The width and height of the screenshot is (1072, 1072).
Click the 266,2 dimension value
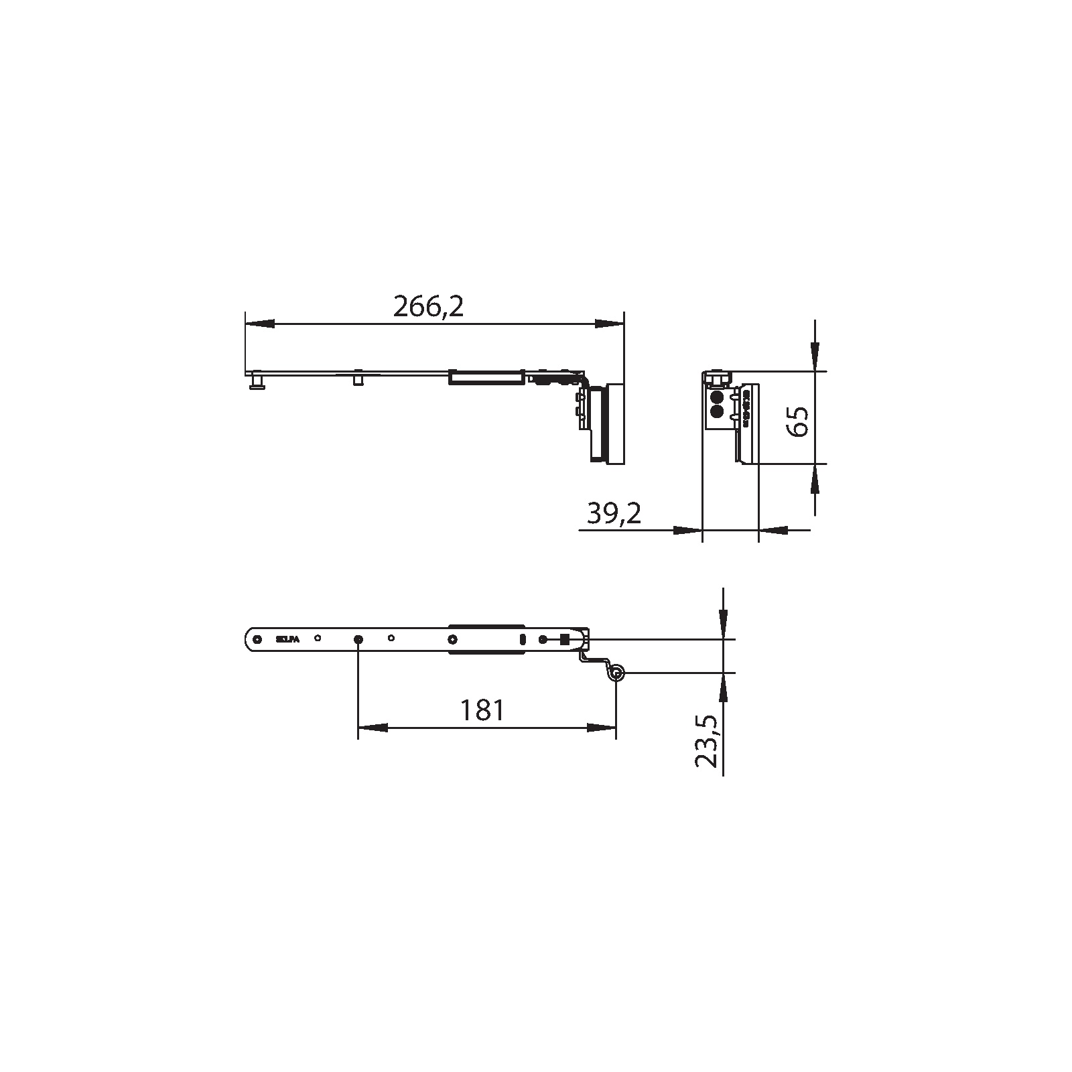[x=428, y=308]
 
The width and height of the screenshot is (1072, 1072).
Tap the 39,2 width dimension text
[x=614, y=514]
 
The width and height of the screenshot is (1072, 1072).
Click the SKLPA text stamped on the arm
[x=287, y=639]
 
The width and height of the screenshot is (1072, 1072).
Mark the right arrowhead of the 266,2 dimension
[x=608, y=324]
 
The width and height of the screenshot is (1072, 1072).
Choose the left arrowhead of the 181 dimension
[x=373, y=727]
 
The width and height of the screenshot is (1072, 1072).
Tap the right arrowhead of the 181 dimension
[x=601, y=727]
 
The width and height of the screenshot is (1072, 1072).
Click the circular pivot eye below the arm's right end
[x=616, y=673]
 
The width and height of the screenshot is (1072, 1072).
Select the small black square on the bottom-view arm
[x=564, y=639]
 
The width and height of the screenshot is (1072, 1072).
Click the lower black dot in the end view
[x=716, y=411]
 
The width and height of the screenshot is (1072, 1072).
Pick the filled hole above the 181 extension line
[x=358, y=639]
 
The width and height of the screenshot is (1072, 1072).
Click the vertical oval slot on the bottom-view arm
[x=522, y=639]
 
